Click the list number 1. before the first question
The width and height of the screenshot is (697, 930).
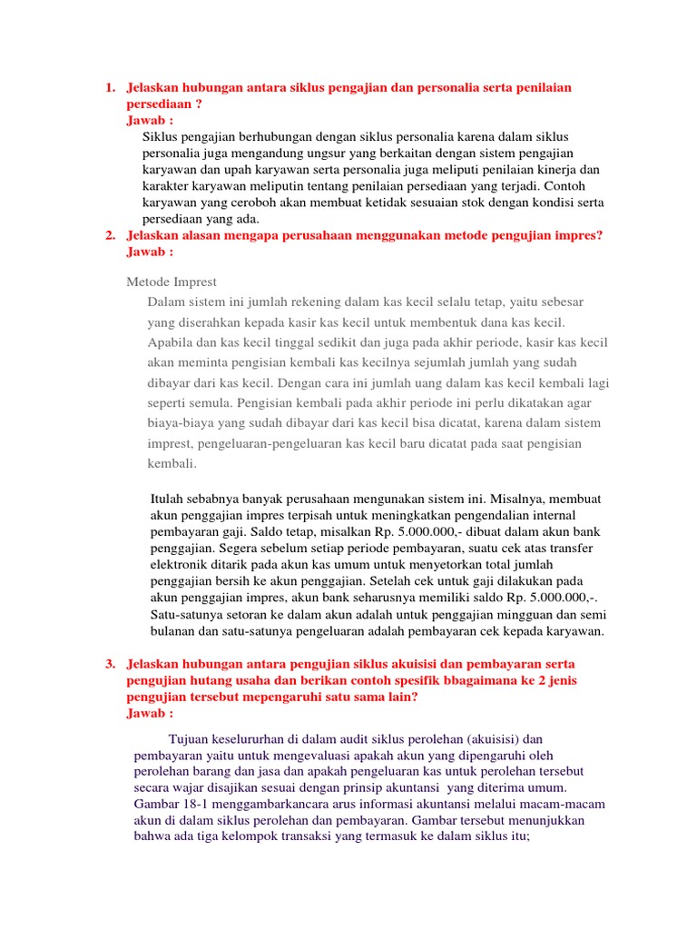(110, 87)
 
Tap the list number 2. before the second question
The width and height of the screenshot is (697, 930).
(110, 235)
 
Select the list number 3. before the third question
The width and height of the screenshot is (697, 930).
(110, 664)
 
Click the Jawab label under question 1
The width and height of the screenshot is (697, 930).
(150, 120)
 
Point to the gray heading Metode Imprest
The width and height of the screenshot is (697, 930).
(172, 282)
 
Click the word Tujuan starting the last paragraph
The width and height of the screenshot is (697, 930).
(190, 738)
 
